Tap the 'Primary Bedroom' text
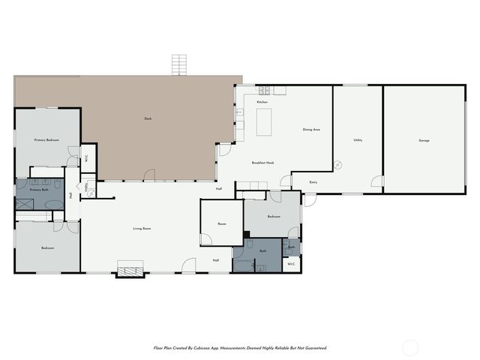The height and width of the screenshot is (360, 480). click(x=46, y=140)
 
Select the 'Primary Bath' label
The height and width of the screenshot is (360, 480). click(x=39, y=190)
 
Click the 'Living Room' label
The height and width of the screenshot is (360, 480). click(x=142, y=229)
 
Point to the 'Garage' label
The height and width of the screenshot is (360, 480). click(x=424, y=141)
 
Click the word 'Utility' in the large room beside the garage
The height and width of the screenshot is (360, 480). click(x=358, y=140)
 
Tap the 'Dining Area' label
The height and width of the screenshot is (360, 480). click(x=312, y=130)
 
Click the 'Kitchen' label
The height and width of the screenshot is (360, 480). click(x=262, y=102)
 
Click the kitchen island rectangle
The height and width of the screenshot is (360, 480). click(x=264, y=122)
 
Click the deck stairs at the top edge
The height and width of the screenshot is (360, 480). click(x=178, y=64)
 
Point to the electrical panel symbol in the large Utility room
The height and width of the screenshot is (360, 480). click(x=338, y=164)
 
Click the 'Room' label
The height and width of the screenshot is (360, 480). click(x=222, y=223)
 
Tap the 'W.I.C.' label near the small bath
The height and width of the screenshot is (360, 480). click(x=291, y=263)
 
